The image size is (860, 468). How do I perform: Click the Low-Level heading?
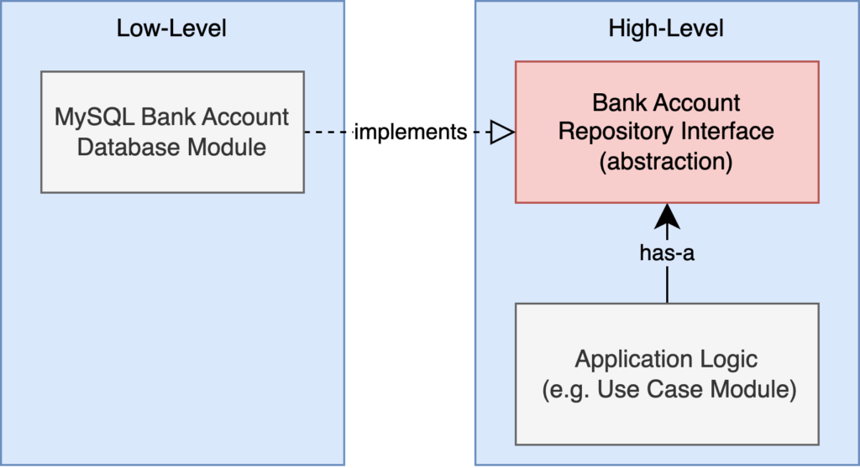[x=171, y=29]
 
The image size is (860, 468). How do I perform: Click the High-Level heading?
[x=666, y=29]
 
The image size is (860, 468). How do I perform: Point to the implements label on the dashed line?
[x=410, y=132]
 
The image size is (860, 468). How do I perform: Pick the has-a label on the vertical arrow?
[x=667, y=252]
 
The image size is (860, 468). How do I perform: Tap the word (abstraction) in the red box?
[x=666, y=162]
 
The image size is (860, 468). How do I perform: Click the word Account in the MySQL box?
[x=246, y=117]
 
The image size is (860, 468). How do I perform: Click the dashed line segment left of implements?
[x=328, y=132]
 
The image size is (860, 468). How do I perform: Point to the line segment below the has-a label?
[x=667, y=283]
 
